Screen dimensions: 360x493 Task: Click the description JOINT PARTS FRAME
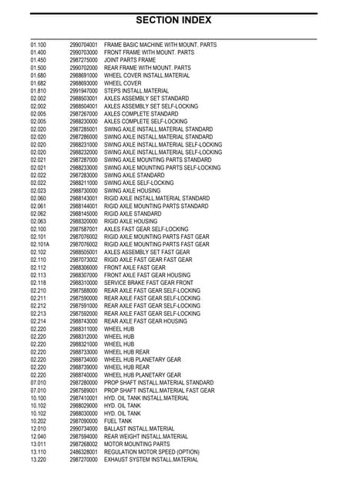click(135, 60)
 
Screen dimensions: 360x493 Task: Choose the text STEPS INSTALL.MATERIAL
click(141, 91)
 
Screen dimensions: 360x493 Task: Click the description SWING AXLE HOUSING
click(136, 190)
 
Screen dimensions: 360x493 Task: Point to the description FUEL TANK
click(123, 421)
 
